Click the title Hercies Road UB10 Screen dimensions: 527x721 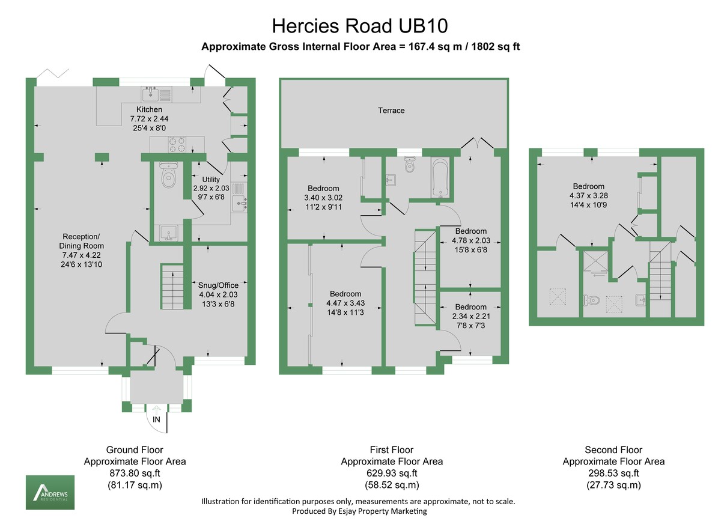coord(360,26)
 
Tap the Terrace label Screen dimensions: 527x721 coord(391,111)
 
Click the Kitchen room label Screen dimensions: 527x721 coord(149,109)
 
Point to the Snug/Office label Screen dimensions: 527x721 coord(219,285)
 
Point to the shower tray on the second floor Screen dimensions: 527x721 coord(594,264)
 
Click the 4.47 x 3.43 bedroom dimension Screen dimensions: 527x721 coord(344,303)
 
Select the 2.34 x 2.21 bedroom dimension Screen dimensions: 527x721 coord(470,316)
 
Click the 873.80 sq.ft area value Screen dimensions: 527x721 coord(135,474)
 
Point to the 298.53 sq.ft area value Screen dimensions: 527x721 coord(613,474)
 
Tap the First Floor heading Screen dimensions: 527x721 coord(392,449)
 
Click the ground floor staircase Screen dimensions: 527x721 coord(172,287)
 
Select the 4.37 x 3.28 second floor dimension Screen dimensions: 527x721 coord(588,195)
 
